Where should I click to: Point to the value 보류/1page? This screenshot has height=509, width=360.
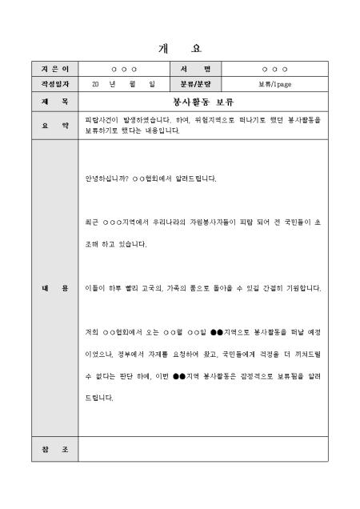pos(274,83)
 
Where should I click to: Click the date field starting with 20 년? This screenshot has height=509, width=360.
pos(123,83)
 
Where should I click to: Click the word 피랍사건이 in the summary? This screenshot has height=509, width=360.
pos(102,119)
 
